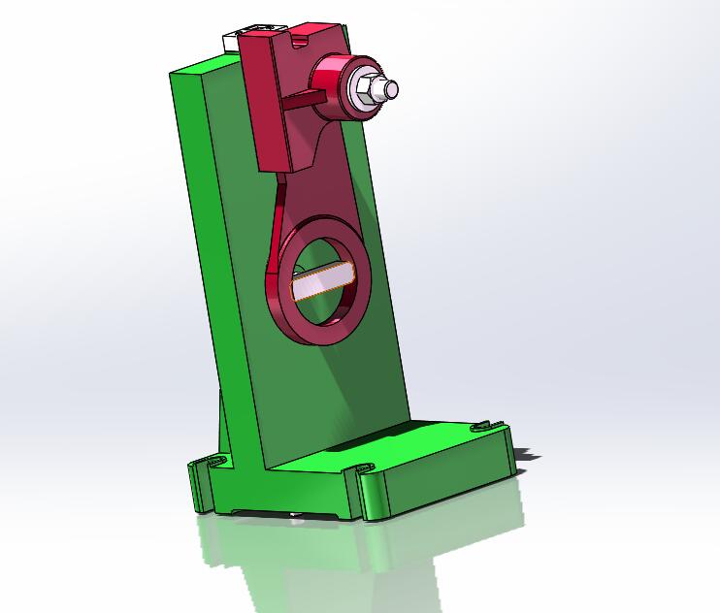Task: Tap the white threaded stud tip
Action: click(x=390, y=89)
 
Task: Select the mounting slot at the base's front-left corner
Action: click(x=203, y=467)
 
